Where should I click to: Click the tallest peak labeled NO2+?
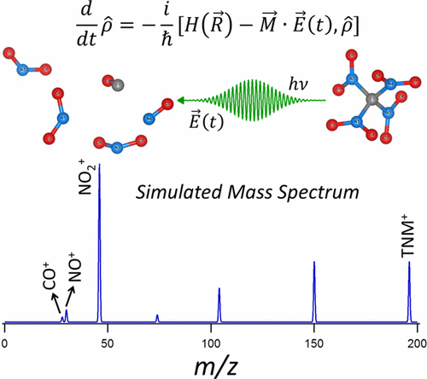pos(101,239)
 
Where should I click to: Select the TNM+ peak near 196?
pos(409,290)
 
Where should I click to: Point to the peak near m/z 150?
pos(314,290)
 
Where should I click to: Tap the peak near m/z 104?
pos(219,304)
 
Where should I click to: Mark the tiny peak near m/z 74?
pos(157,318)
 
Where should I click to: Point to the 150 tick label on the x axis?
pos(314,341)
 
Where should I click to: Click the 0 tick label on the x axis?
pos(6,341)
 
